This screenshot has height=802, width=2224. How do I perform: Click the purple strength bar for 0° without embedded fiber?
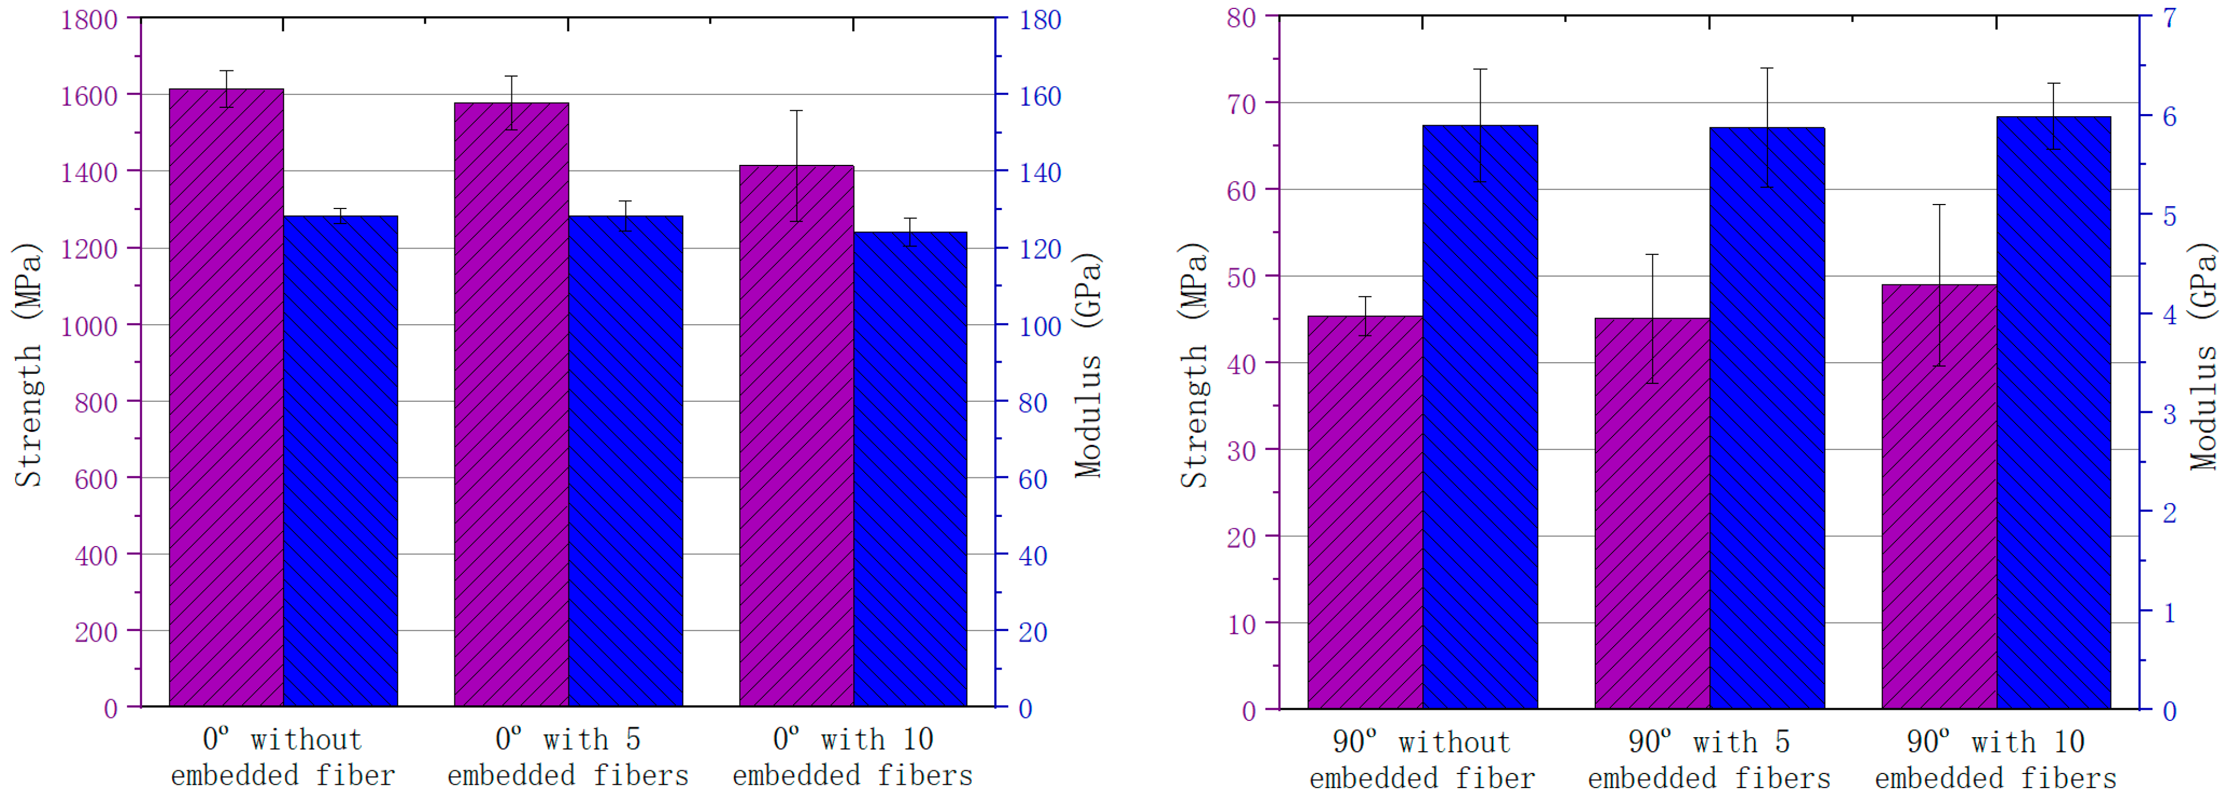pos(226,398)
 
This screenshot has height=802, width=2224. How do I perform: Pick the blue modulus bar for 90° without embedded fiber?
pos(1480,417)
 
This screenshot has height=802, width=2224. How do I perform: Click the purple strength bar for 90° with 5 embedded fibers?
pos(1652,514)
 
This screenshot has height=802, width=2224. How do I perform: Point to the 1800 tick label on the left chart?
pos(89,19)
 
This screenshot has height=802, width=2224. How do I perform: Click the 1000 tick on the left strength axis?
pos(89,325)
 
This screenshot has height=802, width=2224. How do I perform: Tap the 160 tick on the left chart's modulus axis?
pos(1040,96)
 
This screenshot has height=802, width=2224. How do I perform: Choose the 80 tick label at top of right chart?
pos(1241,17)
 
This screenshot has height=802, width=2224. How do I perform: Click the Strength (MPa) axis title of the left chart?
pos(27,365)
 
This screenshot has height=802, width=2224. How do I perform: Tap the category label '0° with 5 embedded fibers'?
pos(568,757)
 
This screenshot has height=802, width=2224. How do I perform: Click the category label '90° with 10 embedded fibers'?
pos(1995,760)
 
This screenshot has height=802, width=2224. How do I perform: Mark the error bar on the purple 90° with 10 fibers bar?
pos(1939,285)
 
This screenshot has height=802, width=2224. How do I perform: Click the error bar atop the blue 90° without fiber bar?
pos(1480,125)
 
